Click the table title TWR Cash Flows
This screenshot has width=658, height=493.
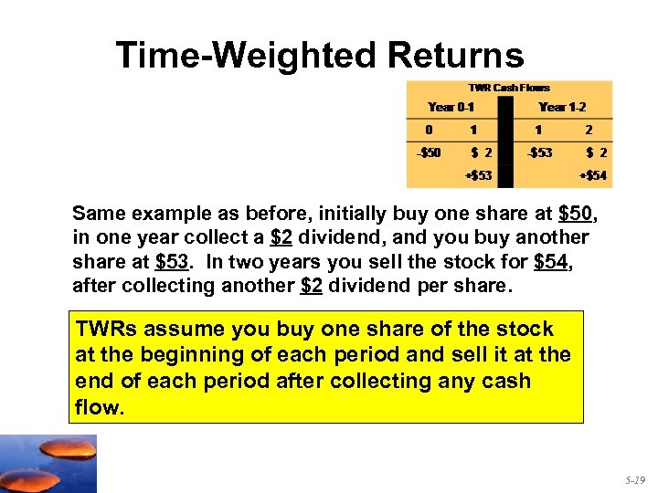(509, 88)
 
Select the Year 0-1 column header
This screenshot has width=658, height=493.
(451, 107)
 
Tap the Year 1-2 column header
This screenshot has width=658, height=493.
(564, 107)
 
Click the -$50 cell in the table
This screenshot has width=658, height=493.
(428, 152)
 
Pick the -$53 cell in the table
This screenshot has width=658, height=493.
(539, 152)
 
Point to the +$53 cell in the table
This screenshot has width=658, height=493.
(479, 175)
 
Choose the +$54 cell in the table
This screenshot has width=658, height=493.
(593, 175)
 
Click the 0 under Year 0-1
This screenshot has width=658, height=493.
(428, 130)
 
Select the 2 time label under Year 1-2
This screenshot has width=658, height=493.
(589, 130)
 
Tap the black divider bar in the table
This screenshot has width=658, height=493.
(508, 137)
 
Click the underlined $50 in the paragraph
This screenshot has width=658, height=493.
(576, 215)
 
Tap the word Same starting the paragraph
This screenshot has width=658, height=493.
(97, 215)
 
